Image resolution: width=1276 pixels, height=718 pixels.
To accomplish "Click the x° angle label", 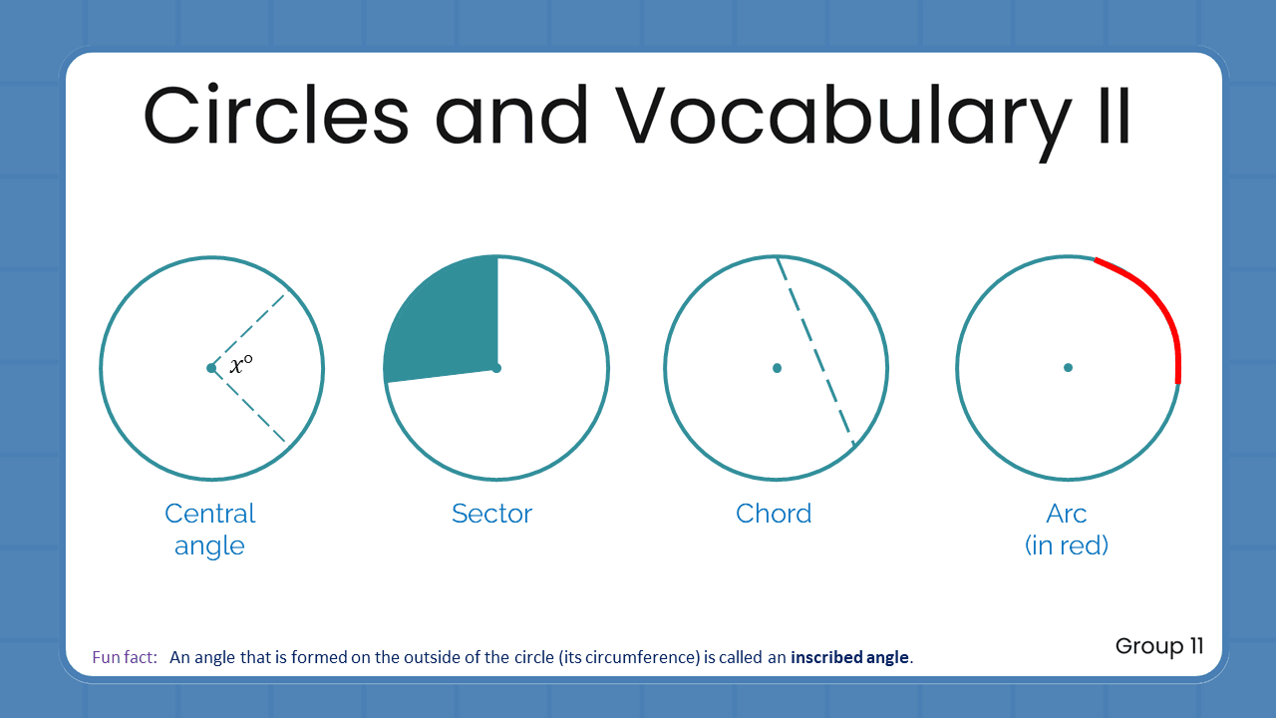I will [240, 366].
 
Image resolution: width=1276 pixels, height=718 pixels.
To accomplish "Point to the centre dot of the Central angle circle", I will [211, 368].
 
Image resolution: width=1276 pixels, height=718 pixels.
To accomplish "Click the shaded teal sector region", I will [444, 319].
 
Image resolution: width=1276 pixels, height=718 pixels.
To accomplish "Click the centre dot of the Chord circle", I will [777, 368].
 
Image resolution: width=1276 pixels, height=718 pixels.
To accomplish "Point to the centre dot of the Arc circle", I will [1068, 368].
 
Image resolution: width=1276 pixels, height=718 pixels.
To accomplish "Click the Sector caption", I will [491, 514].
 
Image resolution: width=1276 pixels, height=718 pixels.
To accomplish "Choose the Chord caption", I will [774, 514].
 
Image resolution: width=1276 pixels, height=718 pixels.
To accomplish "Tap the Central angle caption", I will [209, 530].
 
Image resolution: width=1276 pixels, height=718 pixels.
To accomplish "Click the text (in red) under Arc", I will [1067, 545].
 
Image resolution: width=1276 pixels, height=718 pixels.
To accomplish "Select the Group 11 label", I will [1159, 646].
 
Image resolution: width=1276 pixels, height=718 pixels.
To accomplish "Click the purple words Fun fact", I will [124, 658].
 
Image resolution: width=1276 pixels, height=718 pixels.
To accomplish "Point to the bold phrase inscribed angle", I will [850, 658].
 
